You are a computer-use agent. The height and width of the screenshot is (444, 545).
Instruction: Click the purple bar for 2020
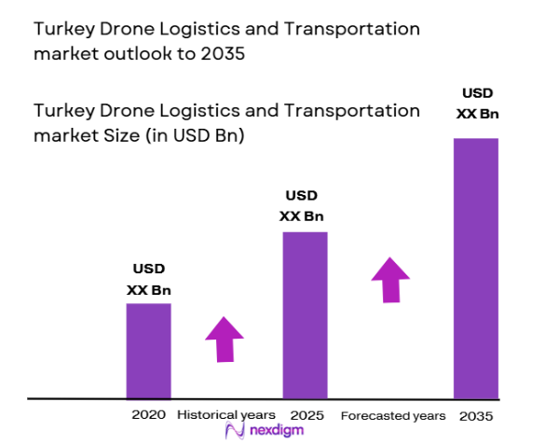149,351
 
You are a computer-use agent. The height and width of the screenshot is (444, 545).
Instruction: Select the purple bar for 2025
306,314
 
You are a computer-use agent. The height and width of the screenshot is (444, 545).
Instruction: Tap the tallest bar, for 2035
475,268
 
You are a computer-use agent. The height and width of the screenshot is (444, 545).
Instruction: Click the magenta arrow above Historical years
224,339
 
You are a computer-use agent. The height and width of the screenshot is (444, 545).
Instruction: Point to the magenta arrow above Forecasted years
391,277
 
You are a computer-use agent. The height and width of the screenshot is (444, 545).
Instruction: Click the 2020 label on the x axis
149,413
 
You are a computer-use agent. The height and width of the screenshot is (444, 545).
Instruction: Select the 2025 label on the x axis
306,413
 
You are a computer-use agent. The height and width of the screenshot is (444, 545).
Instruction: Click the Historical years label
226,414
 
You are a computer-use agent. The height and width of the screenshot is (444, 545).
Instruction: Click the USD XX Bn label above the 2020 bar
149,280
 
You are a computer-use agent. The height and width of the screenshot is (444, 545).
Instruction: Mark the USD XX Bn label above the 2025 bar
302,206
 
